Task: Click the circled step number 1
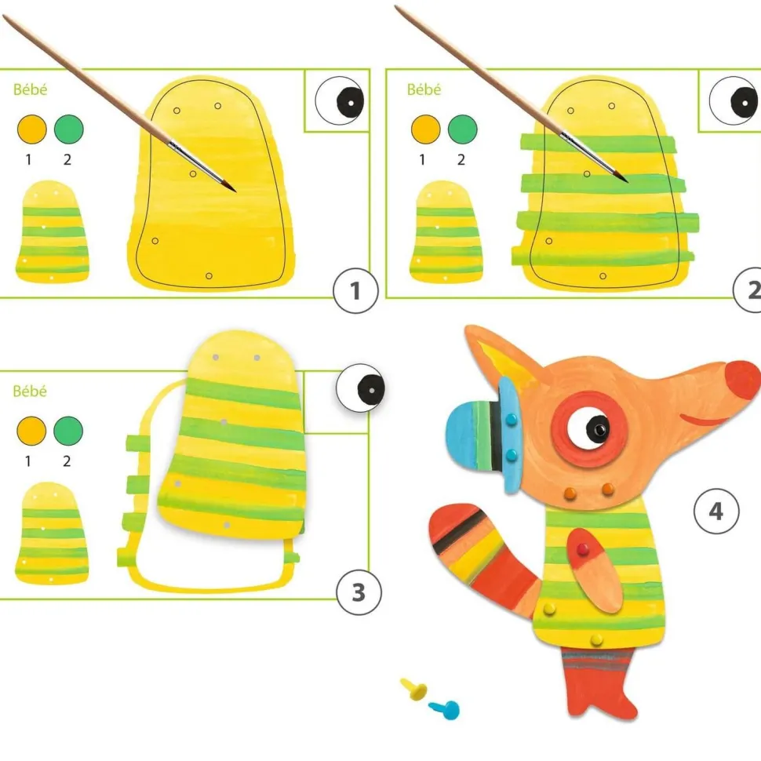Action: point(355,291)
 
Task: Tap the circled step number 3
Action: point(359,592)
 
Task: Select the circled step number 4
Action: point(716,511)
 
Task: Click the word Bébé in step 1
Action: point(30,89)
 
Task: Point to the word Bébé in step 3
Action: point(30,391)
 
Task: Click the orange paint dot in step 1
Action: point(32,129)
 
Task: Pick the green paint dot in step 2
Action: point(463,129)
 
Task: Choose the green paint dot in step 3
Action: point(68,431)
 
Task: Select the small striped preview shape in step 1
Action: point(53,231)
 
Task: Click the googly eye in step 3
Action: point(361,388)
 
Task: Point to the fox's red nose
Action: point(744,380)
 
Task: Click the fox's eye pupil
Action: point(598,428)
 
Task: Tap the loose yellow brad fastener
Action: point(414,689)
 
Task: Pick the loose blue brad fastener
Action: point(445,709)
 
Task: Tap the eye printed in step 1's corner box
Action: point(340,101)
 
